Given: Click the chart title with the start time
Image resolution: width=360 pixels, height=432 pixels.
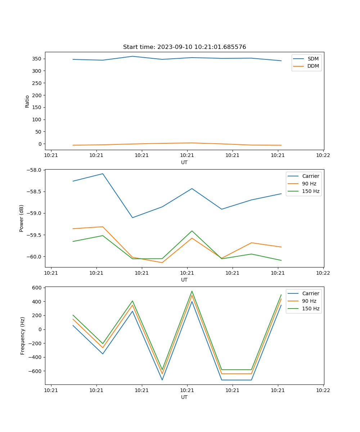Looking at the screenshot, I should tap(184, 47).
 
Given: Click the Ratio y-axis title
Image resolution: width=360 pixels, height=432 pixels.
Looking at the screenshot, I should tap(27, 101).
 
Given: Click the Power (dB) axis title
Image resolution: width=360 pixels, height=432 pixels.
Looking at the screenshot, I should tap(22, 218).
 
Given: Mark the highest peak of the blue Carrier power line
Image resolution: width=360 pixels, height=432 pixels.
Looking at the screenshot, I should tap(103, 174).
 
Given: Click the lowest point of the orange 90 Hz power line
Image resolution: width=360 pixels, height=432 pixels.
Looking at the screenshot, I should tap(162, 262).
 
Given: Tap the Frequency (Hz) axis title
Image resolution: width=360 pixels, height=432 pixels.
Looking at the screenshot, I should tap(22, 336).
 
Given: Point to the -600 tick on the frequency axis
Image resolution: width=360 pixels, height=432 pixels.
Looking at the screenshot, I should tap(35, 371).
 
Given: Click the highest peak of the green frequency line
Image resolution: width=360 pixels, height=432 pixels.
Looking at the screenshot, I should tap(192, 291).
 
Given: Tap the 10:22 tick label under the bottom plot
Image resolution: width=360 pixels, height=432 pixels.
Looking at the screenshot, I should tap(323, 390).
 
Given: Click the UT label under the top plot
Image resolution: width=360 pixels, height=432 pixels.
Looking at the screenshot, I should tap(184, 162).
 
